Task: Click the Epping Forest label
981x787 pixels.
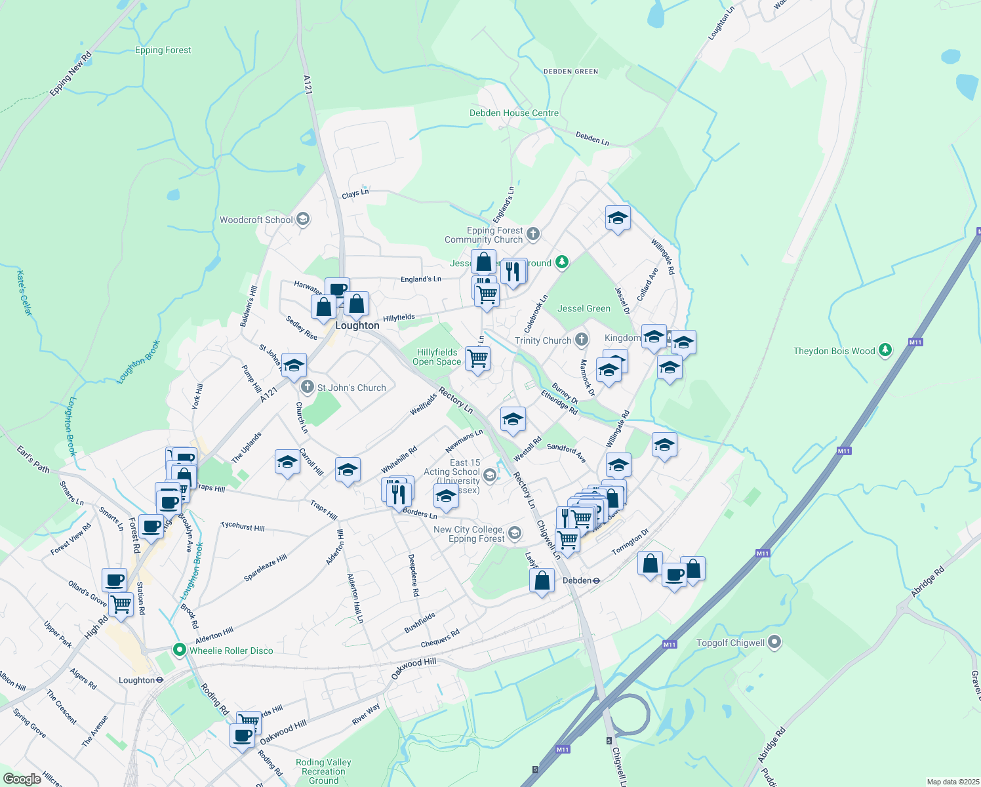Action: [163, 50]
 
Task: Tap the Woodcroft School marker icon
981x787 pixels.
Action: [303, 219]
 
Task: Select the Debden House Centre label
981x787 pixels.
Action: [514, 113]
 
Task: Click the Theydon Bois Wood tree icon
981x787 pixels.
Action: [885, 350]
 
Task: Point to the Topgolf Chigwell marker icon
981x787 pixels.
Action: [774, 642]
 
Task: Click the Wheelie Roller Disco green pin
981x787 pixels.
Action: [179, 650]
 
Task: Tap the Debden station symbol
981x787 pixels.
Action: [597, 580]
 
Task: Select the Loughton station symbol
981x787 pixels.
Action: [159, 680]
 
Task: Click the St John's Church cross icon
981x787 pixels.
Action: [308, 387]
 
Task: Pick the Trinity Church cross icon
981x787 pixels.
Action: [581, 340]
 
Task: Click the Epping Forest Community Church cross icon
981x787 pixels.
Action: [533, 233]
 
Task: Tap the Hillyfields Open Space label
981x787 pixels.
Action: [437, 357]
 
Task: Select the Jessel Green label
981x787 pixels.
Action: [584, 308]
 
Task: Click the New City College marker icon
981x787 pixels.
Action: [515, 533]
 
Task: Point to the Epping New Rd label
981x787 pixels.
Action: [70, 74]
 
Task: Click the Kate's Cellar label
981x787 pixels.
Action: [24, 293]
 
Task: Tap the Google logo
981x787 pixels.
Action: [22, 779]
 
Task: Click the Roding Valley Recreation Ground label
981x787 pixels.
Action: [323, 771]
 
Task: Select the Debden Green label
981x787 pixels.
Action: [571, 71]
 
